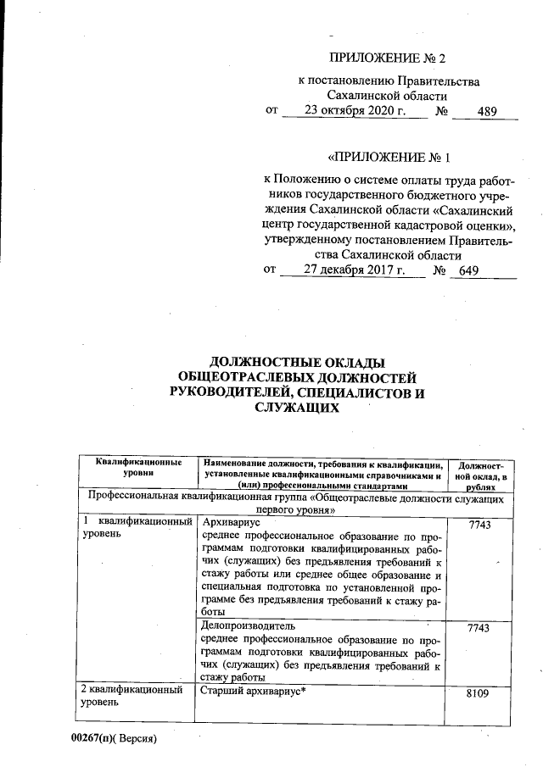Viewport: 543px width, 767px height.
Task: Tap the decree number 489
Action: pos(487,110)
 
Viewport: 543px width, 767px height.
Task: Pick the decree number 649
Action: pos(468,270)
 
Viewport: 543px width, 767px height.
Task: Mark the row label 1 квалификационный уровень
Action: pos(136,528)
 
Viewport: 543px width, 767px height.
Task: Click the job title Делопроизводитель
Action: pos(244,625)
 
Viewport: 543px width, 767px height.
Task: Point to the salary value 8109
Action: pos(479,692)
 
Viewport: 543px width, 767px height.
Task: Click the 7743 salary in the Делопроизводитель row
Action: pos(479,628)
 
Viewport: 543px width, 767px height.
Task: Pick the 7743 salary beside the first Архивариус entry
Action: pos(479,525)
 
